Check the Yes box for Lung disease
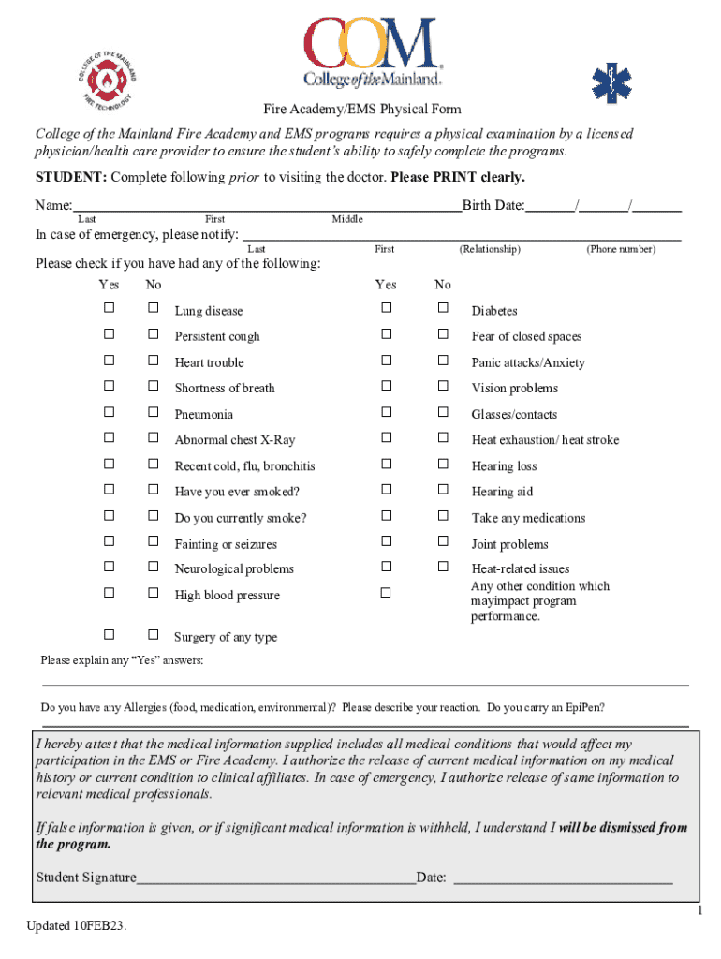(110, 308)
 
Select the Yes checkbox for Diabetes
(385, 308)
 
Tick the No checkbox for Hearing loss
(443, 464)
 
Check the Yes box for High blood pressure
(110, 592)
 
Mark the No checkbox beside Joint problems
(443, 540)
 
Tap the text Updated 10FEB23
(77, 926)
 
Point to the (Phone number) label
(621, 249)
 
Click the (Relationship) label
(490, 249)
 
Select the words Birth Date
(493, 206)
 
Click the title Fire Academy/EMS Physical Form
(360, 110)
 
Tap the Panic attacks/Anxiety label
(528, 362)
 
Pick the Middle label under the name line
(347, 219)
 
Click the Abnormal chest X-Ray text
(234, 440)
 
